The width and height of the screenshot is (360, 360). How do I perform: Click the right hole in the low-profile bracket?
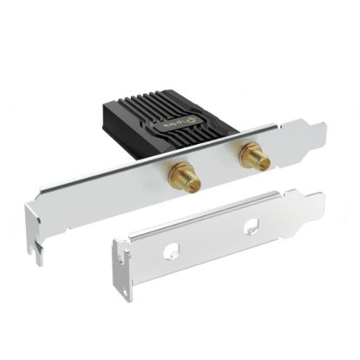252,228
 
